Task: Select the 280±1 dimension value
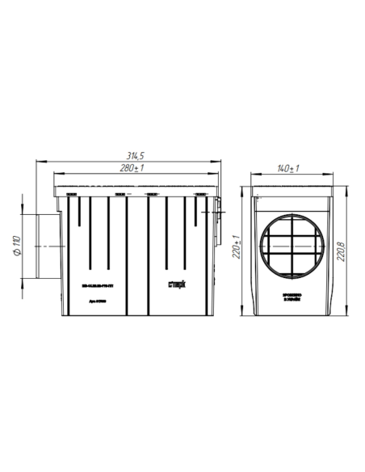point(132,168)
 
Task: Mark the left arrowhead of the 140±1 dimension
point(251,175)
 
